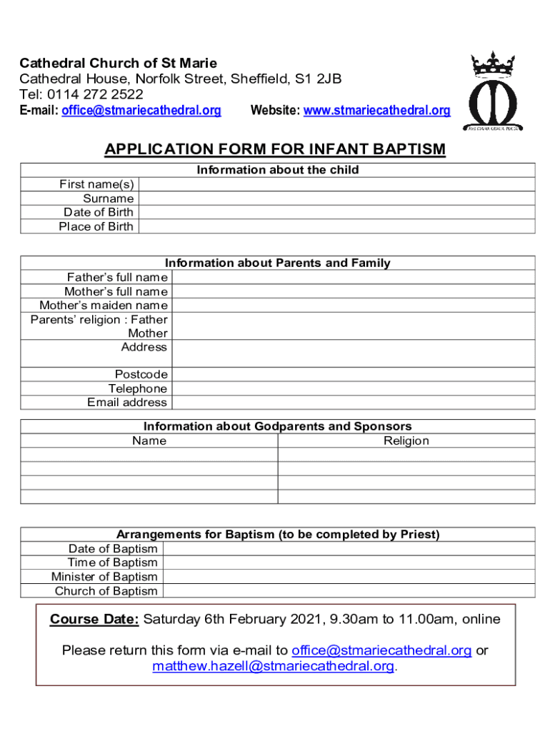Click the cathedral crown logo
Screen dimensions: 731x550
pyautogui.click(x=495, y=91)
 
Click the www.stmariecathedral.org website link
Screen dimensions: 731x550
pyautogui.click(x=376, y=111)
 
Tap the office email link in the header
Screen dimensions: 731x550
pyautogui.click(x=141, y=111)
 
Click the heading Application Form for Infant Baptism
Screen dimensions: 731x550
pyautogui.click(x=275, y=149)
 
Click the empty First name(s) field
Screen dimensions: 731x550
pyautogui.click(x=336, y=185)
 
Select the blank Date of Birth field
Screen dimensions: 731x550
pyautogui.click(x=336, y=213)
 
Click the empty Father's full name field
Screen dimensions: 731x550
pyautogui.click(x=353, y=278)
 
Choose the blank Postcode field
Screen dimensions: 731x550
pyautogui.click(x=353, y=375)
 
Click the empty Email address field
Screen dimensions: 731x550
pyautogui.click(x=353, y=403)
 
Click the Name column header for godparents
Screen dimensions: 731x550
pyautogui.click(x=149, y=441)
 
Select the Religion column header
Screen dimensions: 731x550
pyautogui.click(x=406, y=441)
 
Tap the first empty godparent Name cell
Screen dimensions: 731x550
pyautogui.click(x=149, y=455)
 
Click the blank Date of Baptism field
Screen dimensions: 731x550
pyautogui.click(x=349, y=549)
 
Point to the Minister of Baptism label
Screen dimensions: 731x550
pyautogui.click(x=104, y=577)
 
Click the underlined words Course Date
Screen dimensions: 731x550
pyautogui.click(x=94, y=619)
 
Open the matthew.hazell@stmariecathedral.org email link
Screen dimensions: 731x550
pyautogui.click(x=274, y=666)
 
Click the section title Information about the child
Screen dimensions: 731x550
pyautogui.click(x=278, y=170)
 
